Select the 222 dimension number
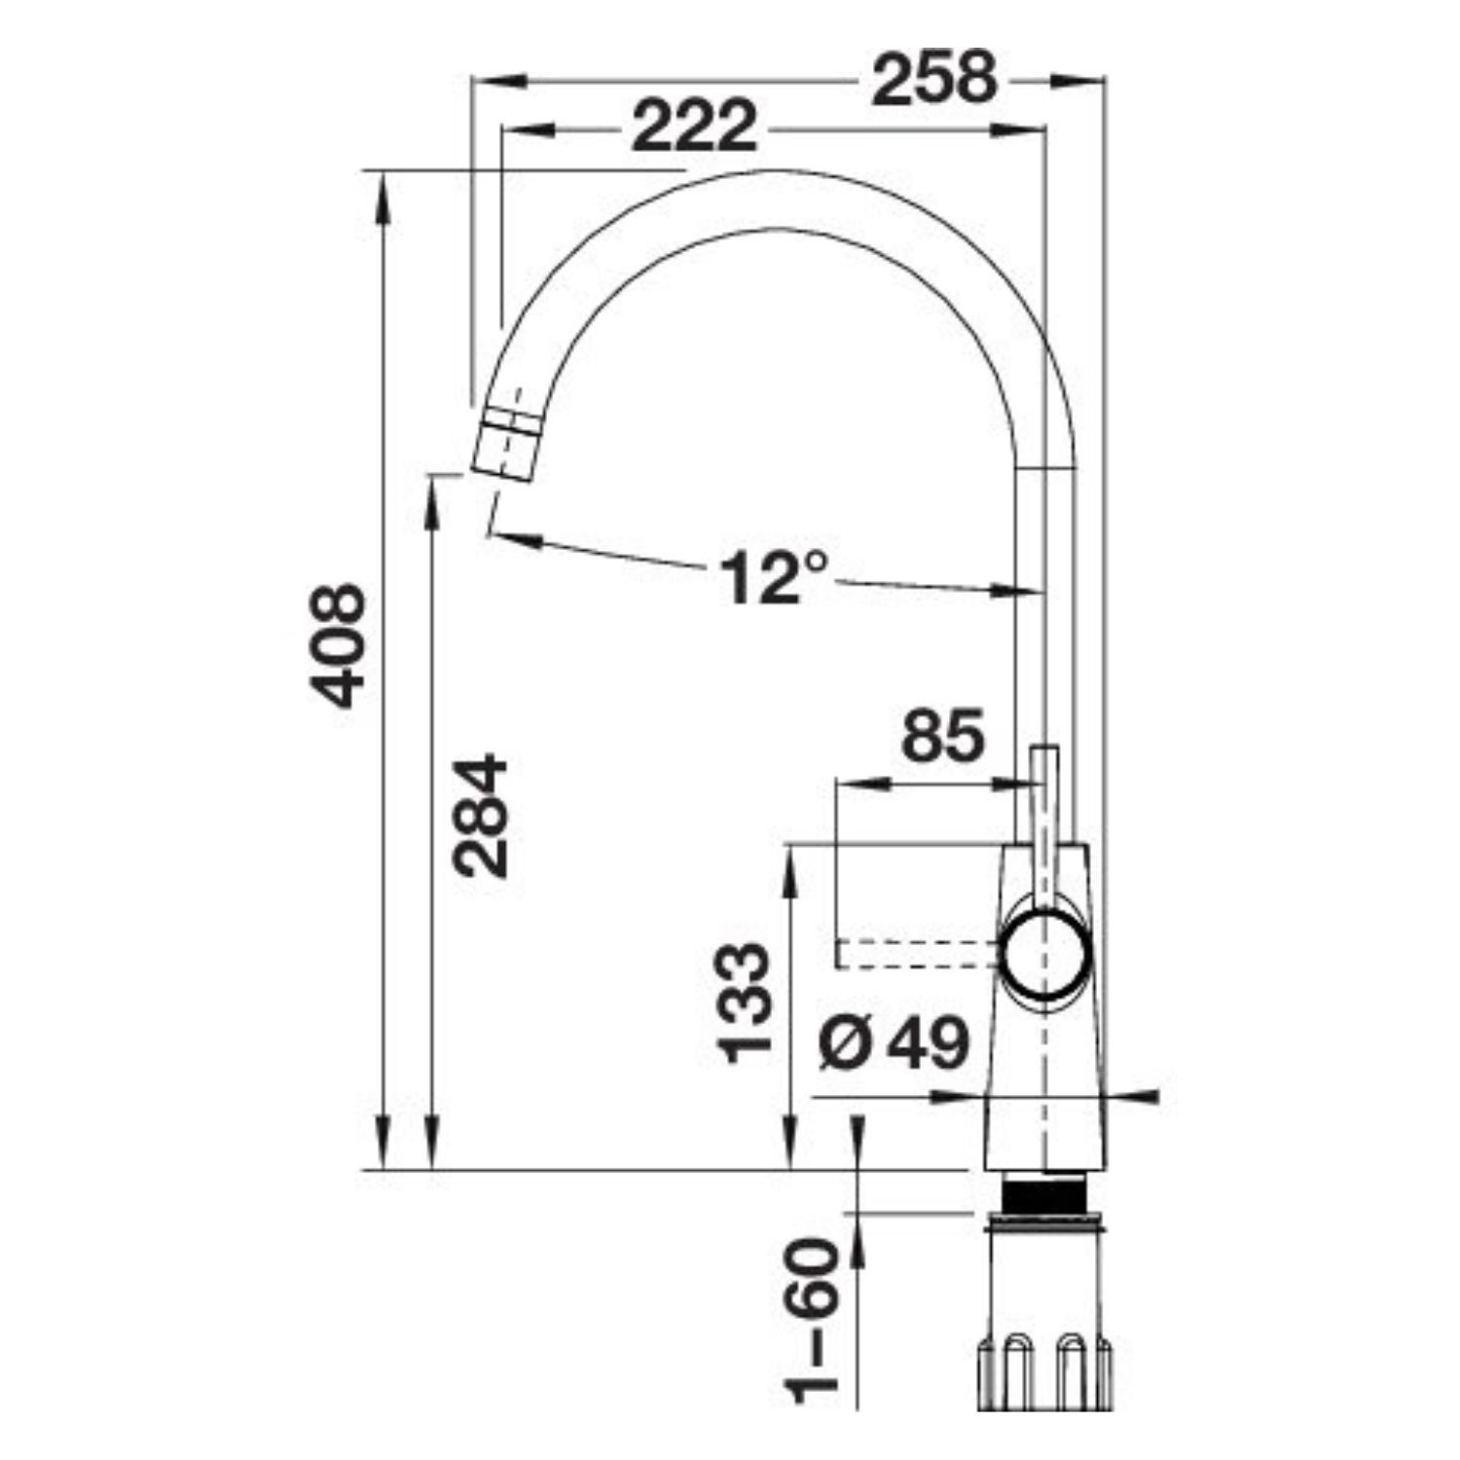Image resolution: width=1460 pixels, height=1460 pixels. tap(694, 126)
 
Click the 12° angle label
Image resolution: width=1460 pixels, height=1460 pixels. tap(775, 575)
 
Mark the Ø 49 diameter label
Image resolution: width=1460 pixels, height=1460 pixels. tap(894, 1043)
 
